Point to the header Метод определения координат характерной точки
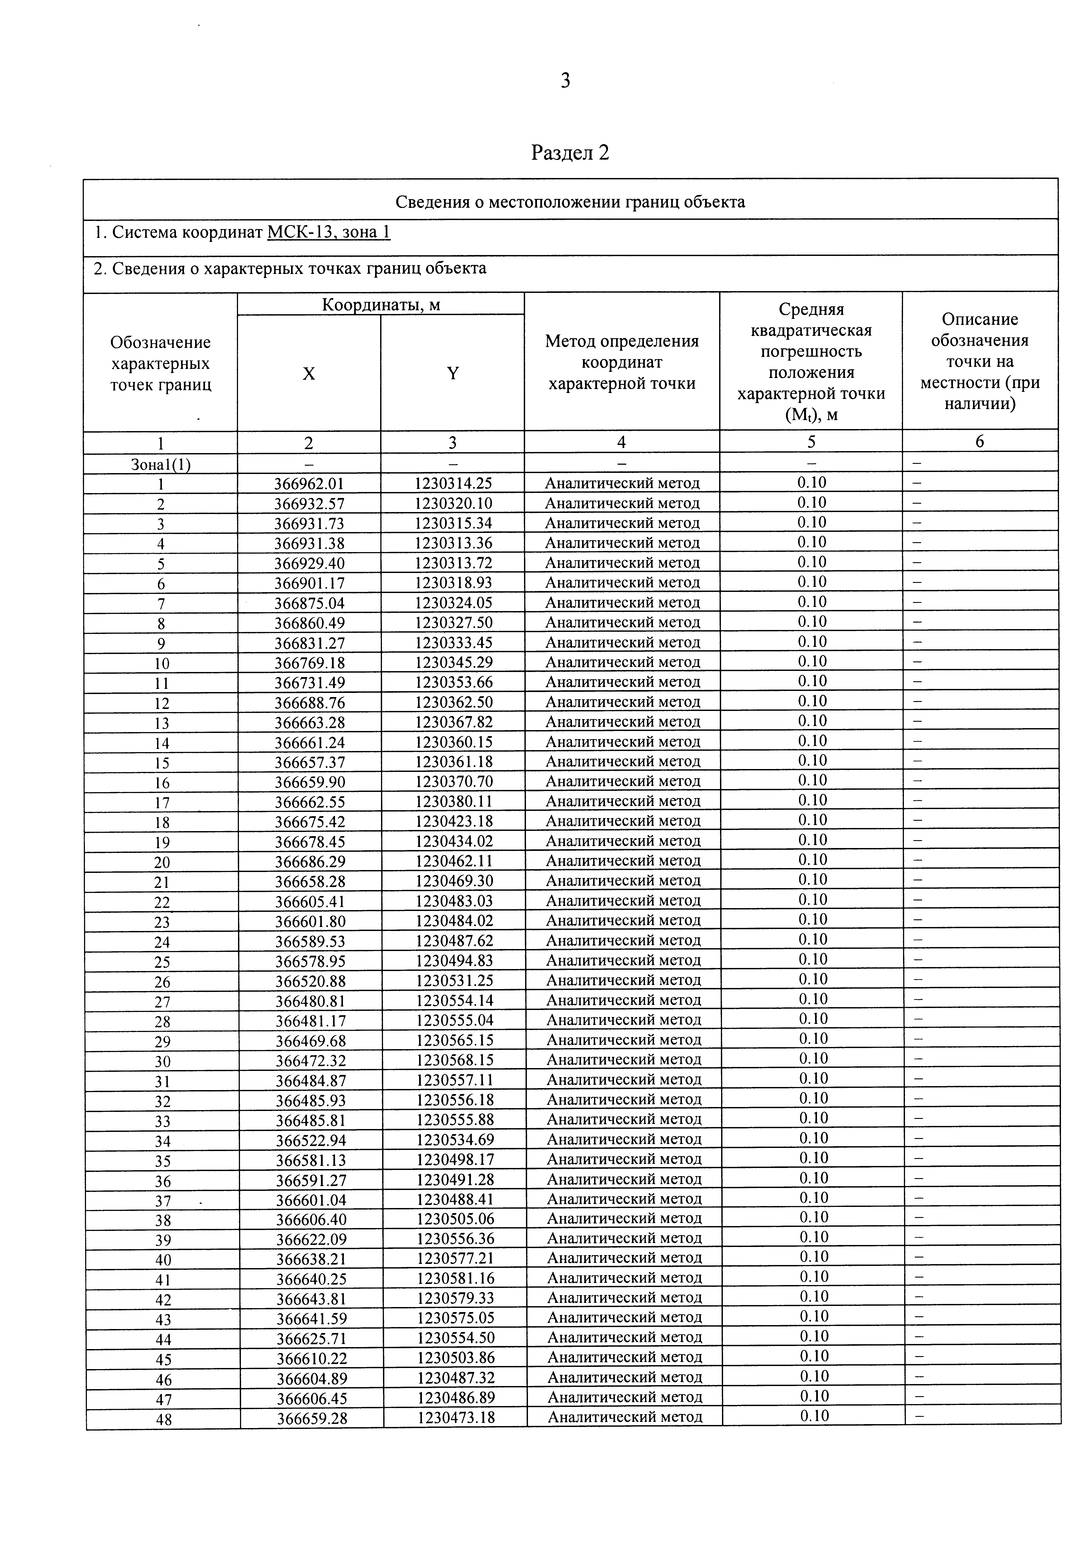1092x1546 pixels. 621,362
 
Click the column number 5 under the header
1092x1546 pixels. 811,442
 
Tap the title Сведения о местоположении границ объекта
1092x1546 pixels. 570,202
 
